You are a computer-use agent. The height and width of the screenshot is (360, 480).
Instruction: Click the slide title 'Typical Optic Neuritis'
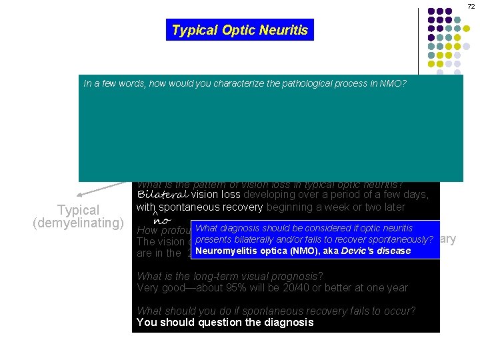239,30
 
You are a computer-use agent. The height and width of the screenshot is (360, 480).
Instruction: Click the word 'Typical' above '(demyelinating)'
78,210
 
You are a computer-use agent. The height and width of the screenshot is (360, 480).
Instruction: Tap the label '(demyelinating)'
78,223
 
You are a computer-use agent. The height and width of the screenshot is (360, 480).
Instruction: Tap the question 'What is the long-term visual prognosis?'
230,276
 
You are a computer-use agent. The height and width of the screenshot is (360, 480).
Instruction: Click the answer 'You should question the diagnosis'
225,323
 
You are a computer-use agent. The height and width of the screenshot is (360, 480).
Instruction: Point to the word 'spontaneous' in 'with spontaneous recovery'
184,207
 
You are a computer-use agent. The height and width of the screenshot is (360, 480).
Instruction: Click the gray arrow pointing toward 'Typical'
93,191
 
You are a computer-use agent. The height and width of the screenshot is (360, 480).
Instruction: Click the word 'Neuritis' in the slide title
286,30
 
